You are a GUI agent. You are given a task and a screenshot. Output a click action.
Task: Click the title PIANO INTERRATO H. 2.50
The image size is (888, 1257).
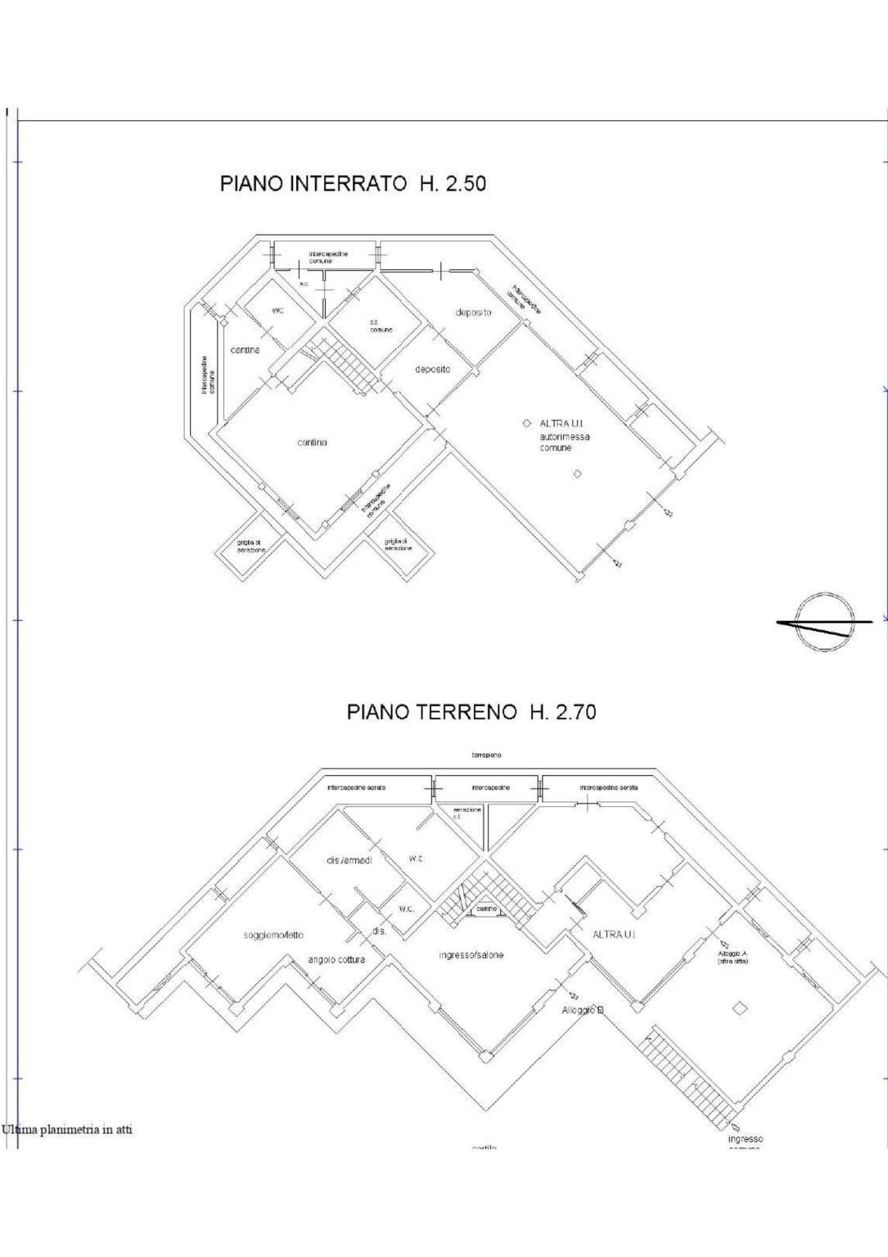click(x=353, y=183)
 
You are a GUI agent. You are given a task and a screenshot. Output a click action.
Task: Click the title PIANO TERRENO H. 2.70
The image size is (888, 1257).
click(x=471, y=712)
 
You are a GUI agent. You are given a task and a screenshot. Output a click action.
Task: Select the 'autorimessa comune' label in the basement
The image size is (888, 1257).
click(x=564, y=443)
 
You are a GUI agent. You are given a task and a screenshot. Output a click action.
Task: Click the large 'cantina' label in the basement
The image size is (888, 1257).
click(x=312, y=443)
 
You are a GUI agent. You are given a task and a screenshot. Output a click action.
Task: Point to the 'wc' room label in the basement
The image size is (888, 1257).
click(x=277, y=311)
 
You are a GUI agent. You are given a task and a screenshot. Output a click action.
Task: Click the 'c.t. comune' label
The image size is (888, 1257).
click(x=381, y=326)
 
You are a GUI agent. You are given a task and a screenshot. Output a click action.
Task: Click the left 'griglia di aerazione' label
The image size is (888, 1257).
click(x=250, y=546)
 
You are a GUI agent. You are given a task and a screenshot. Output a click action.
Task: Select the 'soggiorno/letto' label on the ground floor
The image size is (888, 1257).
click(x=273, y=935)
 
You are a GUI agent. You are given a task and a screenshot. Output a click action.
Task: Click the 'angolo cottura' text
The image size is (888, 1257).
click(x=336, y=960)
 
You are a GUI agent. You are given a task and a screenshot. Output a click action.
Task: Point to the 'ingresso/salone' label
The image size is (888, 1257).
click(x=471, y=955)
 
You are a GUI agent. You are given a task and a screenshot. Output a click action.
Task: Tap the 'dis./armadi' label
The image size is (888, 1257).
click(x=349, y=861)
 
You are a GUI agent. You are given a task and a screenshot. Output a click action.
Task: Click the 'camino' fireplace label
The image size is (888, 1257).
click(x=486, y=909)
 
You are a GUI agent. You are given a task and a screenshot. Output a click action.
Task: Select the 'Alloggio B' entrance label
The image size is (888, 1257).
click(x=583, y=1011)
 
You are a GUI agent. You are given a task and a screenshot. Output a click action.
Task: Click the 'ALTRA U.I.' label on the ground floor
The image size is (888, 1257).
click(x=613, y=935)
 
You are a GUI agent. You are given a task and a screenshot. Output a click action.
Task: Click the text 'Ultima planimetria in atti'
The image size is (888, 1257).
click(x=67, y=1130)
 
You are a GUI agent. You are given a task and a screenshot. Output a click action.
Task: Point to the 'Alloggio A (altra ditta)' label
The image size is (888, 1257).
click(x=732, y=957)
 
